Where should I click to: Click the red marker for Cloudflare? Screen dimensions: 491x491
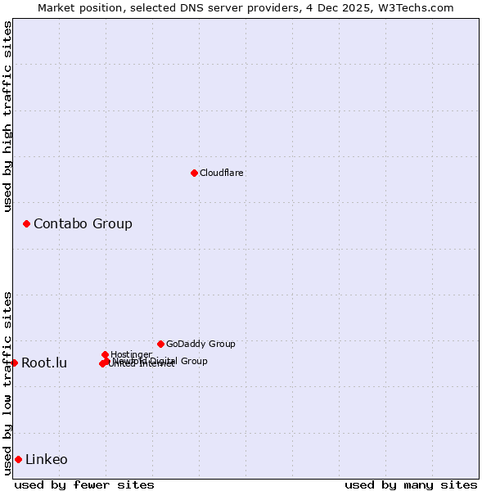(194, 173)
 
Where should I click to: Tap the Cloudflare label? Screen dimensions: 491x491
(221, 173)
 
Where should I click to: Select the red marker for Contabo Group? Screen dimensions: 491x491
(26, 223)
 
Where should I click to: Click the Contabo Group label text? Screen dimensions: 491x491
(83, 224)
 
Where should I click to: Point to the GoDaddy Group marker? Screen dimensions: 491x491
(160, 344)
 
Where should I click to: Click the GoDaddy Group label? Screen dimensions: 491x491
(200, 344)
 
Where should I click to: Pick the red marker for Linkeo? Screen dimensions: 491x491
(18, 459)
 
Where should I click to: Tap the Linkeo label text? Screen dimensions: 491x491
(47, 460)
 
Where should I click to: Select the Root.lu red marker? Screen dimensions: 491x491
(14, 363)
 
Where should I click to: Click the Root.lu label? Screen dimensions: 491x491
(44, 363)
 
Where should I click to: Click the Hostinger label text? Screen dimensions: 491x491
(131, 354)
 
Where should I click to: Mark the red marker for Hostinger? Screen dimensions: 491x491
(106, 354)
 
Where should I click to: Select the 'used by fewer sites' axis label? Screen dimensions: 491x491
(84, 484)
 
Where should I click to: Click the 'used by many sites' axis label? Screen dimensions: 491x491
(411, 484)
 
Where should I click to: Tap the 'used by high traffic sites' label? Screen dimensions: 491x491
(8, 116)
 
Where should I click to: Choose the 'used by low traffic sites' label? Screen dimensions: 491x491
(8, 383)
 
